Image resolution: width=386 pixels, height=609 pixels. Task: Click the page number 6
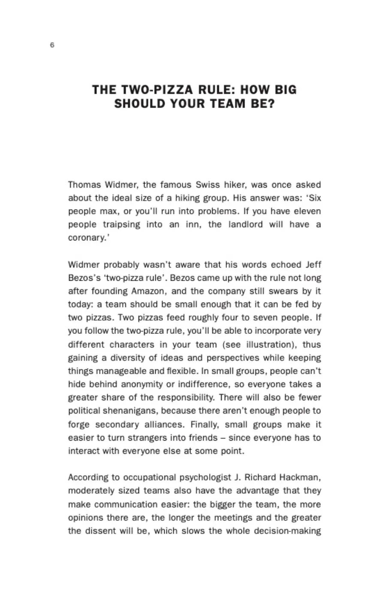coord(52,45)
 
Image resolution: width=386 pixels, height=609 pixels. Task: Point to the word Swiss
coord(208,185)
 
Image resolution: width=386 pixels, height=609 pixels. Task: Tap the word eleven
coord(307,211)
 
